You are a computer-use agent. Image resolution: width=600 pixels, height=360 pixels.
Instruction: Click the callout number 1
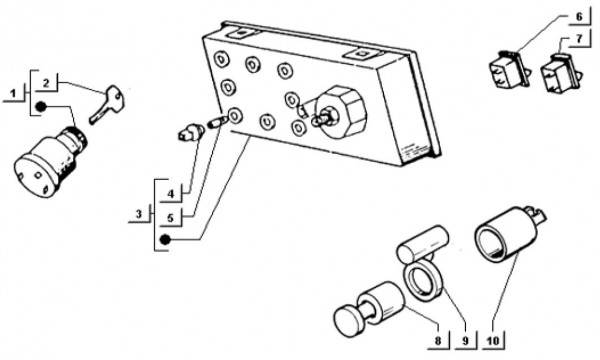[14, 93]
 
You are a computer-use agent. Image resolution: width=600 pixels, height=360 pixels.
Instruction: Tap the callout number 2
[46, 83]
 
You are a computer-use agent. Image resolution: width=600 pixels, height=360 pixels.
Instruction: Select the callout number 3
[139, 213]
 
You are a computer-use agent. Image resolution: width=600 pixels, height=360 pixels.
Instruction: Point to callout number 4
[171, 194]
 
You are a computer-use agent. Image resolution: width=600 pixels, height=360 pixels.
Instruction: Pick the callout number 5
[171, 218]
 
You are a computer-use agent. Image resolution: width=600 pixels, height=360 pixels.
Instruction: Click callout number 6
[579, 16]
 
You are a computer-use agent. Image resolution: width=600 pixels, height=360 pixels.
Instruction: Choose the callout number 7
[579, 39]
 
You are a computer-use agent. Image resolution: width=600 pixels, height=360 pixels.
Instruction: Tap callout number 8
[438, 340]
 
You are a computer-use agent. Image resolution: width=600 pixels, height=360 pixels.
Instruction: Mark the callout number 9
[465, 340]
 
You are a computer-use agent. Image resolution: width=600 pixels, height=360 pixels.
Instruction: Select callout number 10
[494, 340]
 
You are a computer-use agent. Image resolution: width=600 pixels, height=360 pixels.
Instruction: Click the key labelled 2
[107, 104]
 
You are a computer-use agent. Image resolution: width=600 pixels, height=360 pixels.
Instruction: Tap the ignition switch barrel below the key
[50, 162]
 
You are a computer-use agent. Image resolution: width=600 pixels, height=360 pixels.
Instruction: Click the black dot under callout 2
[41, 107]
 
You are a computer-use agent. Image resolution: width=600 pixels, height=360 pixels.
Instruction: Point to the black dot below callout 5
[165, 240]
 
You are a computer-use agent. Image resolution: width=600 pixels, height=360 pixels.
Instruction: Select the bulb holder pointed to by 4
[191, 132]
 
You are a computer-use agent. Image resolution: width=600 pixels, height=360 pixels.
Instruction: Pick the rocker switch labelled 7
[561, 73]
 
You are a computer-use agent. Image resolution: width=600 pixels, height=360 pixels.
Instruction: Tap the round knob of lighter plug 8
[350, 321]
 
